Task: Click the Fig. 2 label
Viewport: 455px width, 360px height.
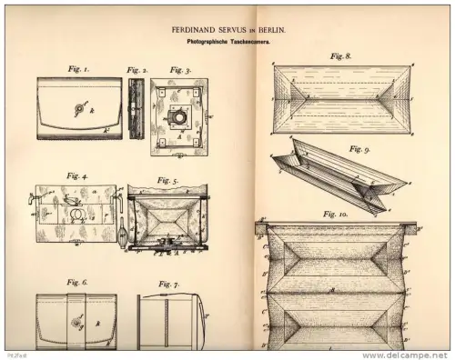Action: [136, 68]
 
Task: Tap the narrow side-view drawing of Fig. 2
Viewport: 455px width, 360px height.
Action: [136, 108]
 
